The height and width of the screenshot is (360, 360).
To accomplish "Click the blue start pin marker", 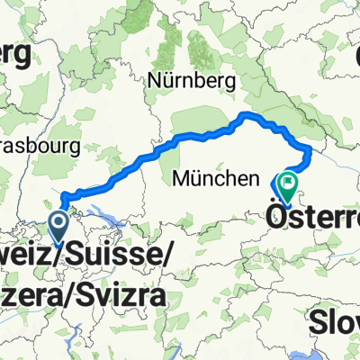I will click(x=60, y=220).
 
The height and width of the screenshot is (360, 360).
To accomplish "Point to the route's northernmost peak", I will click(x=247, y=114).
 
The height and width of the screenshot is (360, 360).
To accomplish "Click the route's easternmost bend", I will click(x=310, y=149).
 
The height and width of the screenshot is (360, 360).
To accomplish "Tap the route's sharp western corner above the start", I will click(x=61, y=191).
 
